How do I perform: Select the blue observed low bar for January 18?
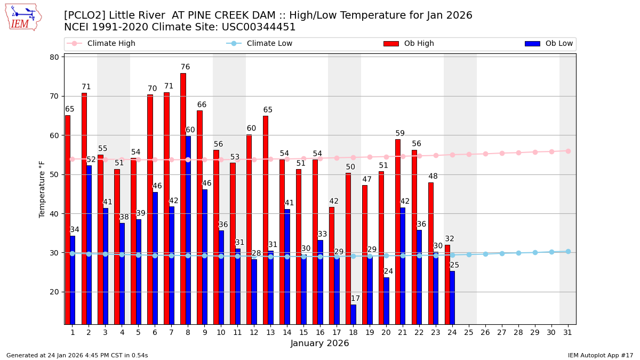point(353,314)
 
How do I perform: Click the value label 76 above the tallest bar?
point(185,67)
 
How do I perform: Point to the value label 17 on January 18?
point(355,299)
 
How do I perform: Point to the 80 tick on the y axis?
point(55,57)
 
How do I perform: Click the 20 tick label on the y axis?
point(55,292)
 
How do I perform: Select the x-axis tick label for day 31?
point(567,332)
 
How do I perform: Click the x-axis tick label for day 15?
point(303,332)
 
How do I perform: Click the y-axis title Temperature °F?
point(43,189)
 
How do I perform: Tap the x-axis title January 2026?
point(319,343)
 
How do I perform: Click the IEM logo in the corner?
point(23,18)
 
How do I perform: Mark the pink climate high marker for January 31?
point(568,151)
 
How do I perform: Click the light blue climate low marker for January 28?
point(518,253)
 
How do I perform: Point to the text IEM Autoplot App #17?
point(600,355)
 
